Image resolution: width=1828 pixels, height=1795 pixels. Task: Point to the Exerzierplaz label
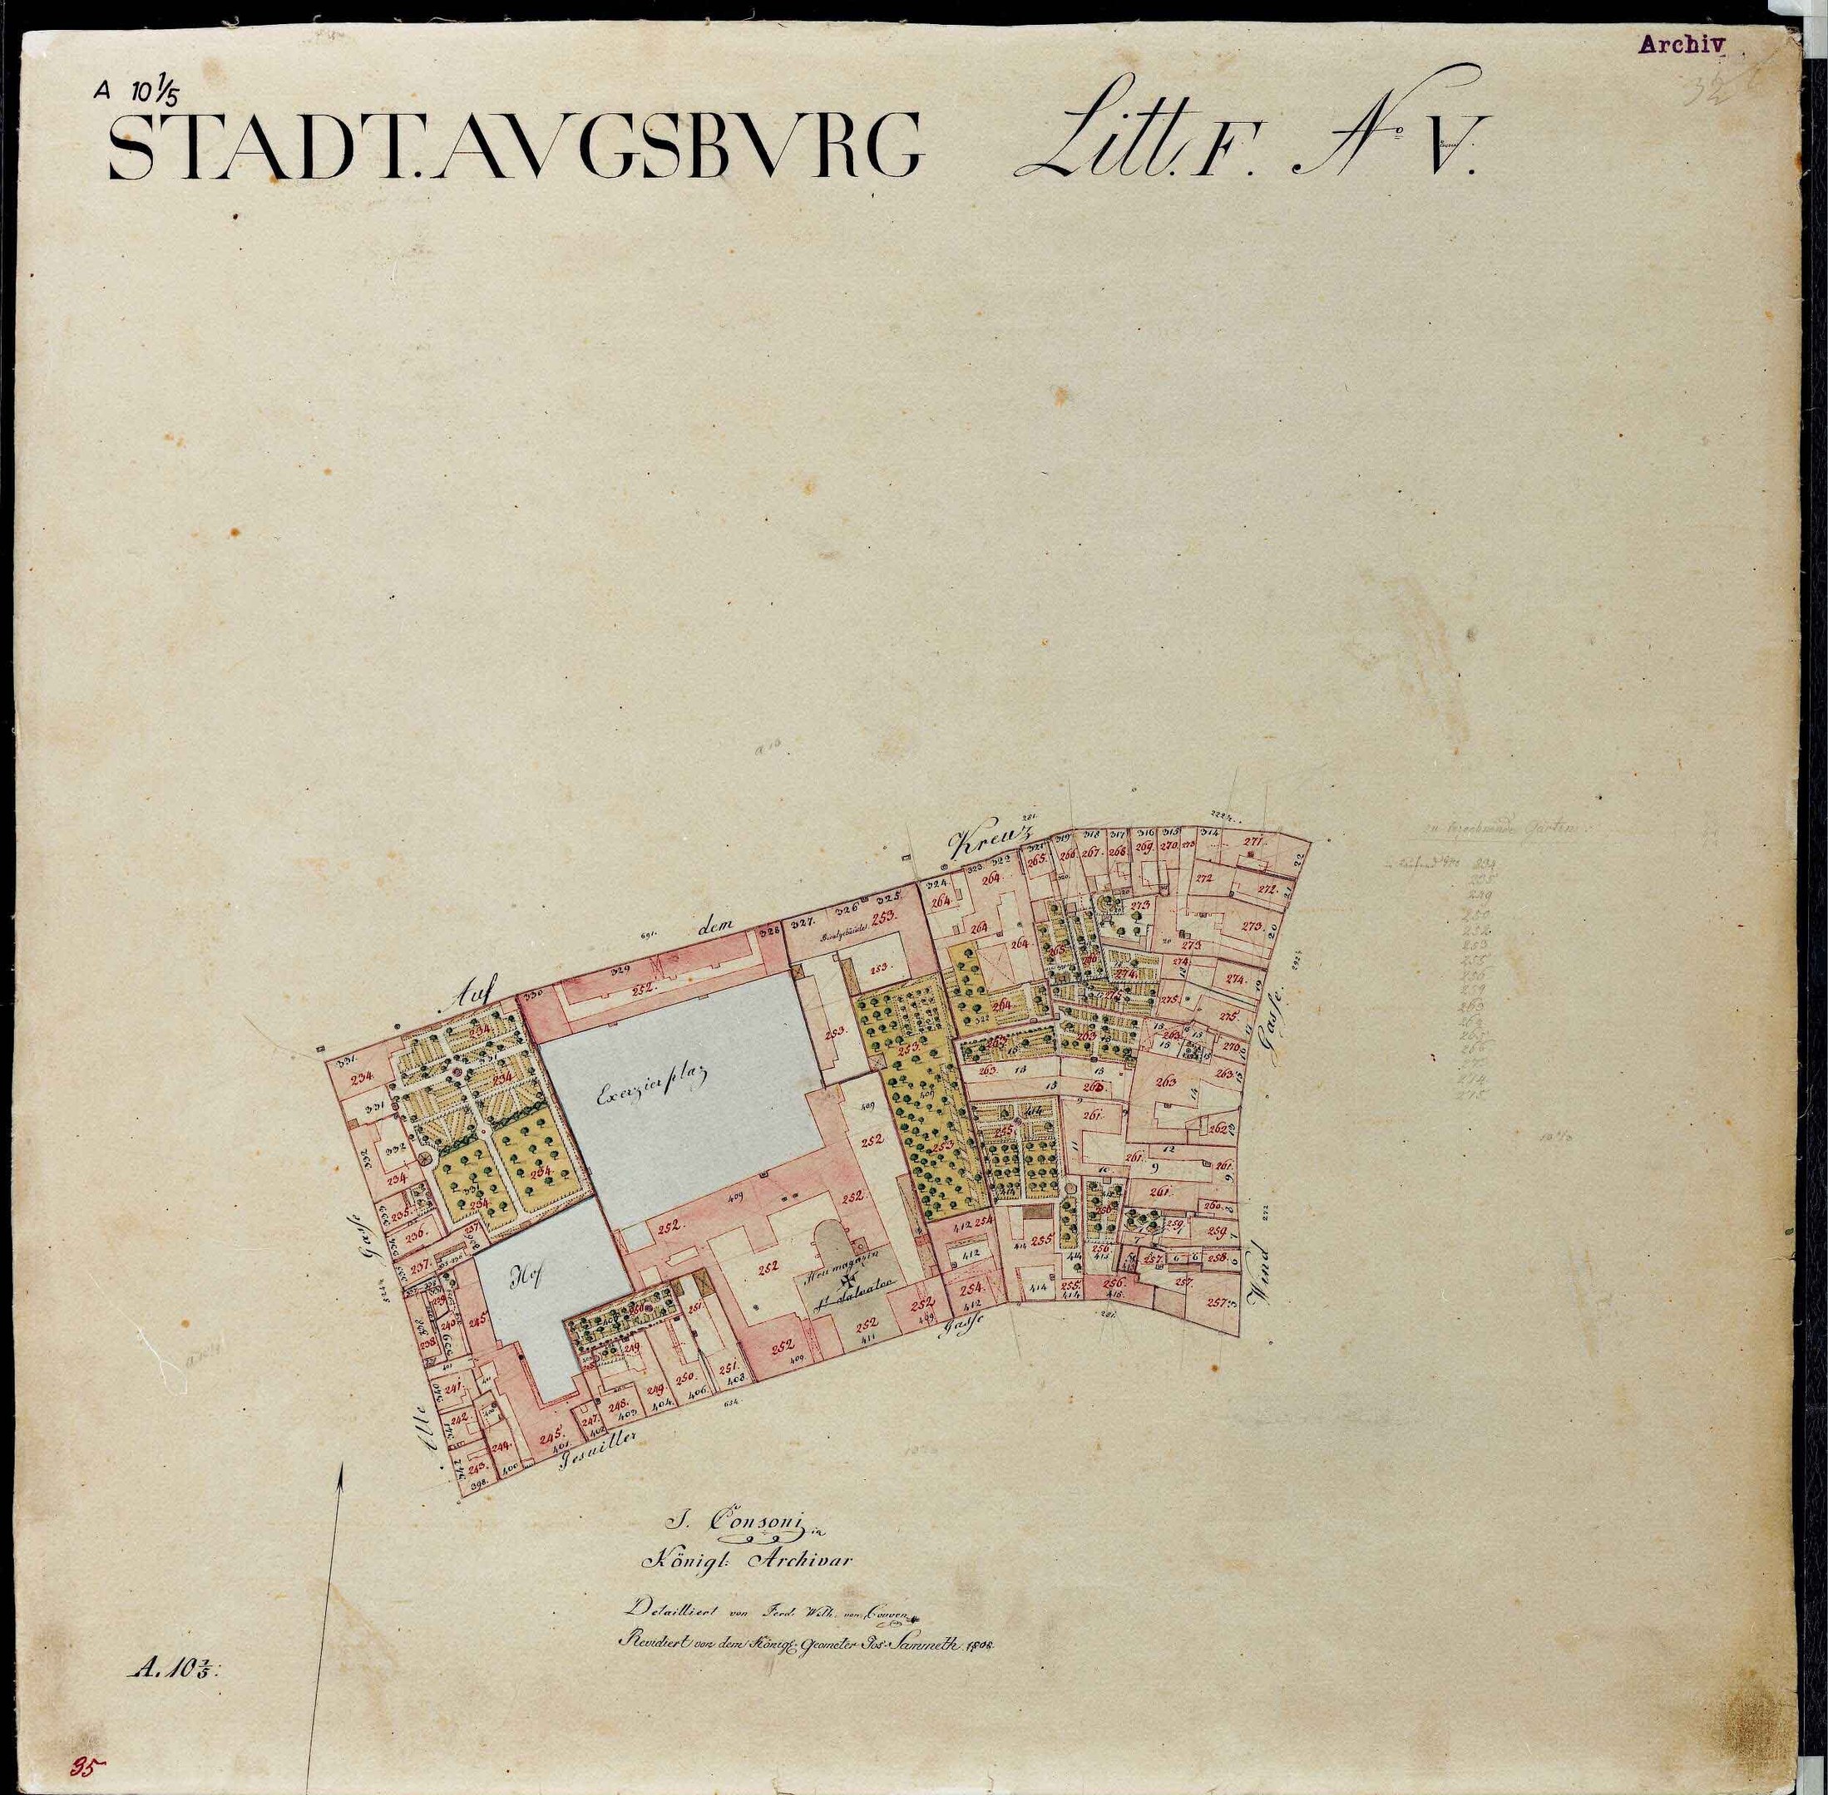(652, 1093)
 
